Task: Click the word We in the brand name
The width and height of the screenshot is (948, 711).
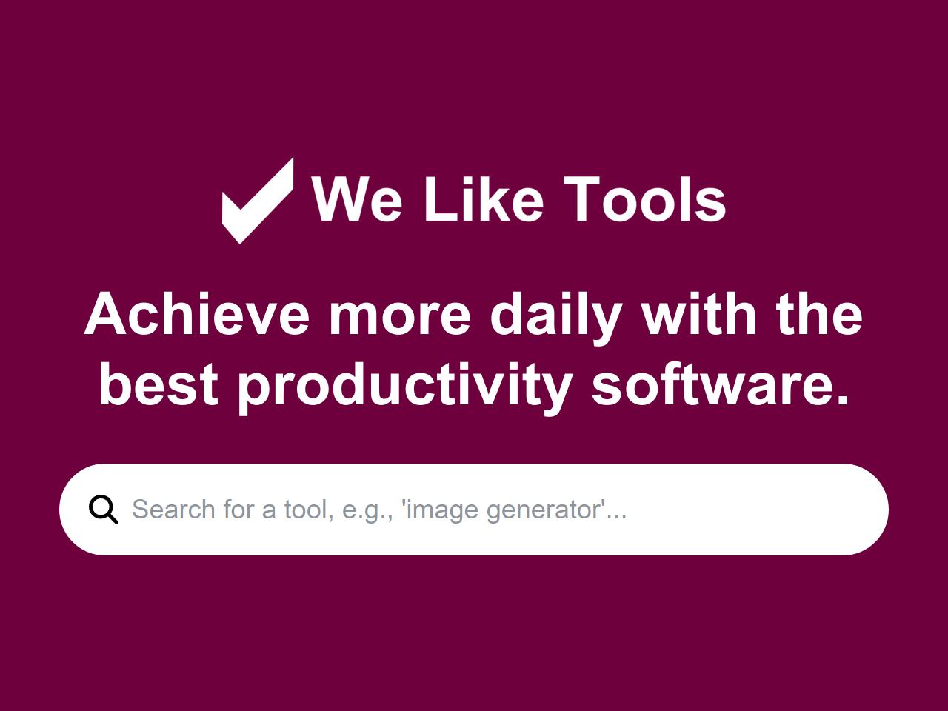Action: pos(357,200)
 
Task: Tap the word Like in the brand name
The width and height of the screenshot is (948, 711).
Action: pos(483,200)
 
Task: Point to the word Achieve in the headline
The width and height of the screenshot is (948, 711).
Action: pos(197,315)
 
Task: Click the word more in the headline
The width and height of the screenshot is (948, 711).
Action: pos(400,315)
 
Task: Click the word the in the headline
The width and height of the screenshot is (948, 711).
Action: pos(819,315)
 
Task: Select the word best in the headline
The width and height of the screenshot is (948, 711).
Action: pos(158,385)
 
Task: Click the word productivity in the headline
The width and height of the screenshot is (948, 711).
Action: pos(404,385)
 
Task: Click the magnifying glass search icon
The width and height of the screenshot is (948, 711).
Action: pos(104,510)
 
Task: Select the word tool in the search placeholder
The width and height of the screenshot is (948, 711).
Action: pos(307,510)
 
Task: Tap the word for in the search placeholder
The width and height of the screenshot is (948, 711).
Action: pos(238,510)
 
